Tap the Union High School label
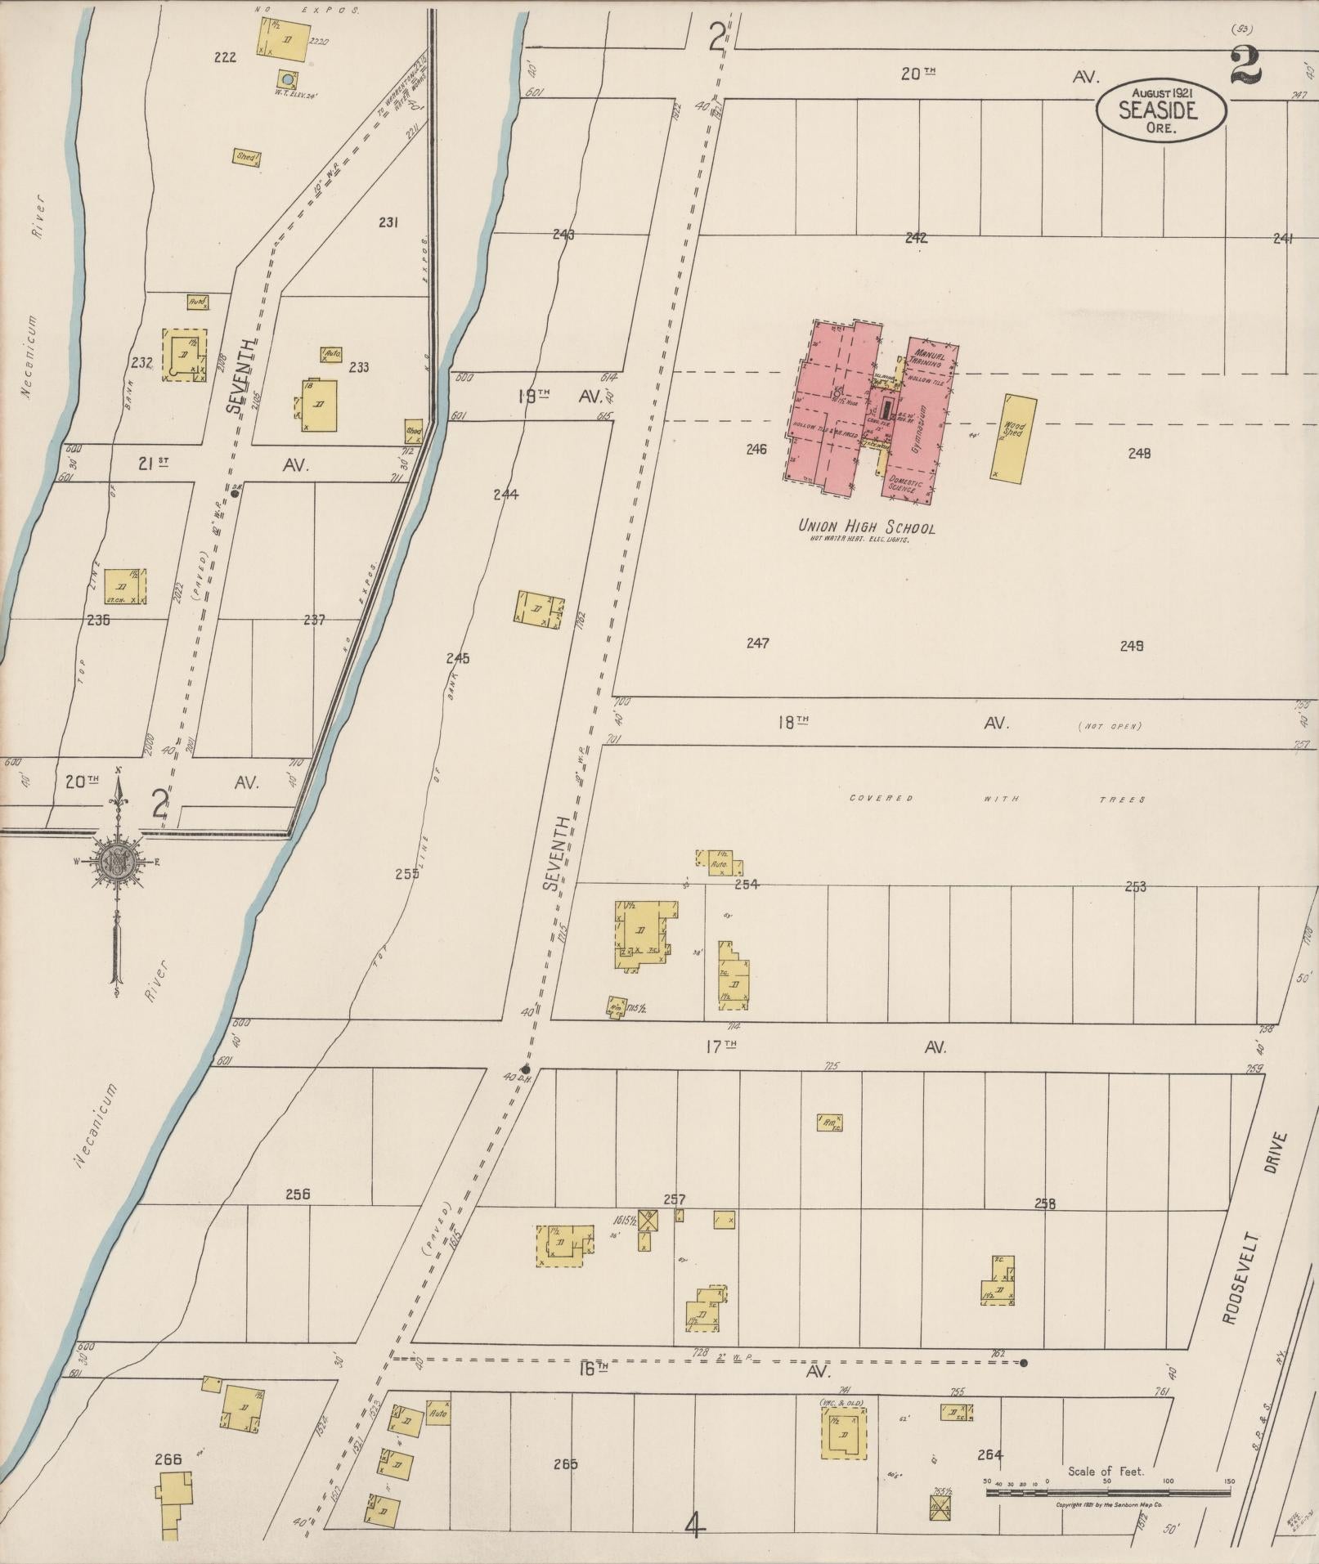pos(867,527)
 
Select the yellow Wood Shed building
pos(1013,437)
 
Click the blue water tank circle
pos(286,79)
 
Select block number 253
pos(1135,885)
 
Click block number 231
pos(388,222)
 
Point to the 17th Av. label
pos(826,1046)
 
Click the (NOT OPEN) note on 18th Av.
pos(1109,725)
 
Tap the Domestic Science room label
pos(905,484)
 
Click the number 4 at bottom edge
pos(694,1525)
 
